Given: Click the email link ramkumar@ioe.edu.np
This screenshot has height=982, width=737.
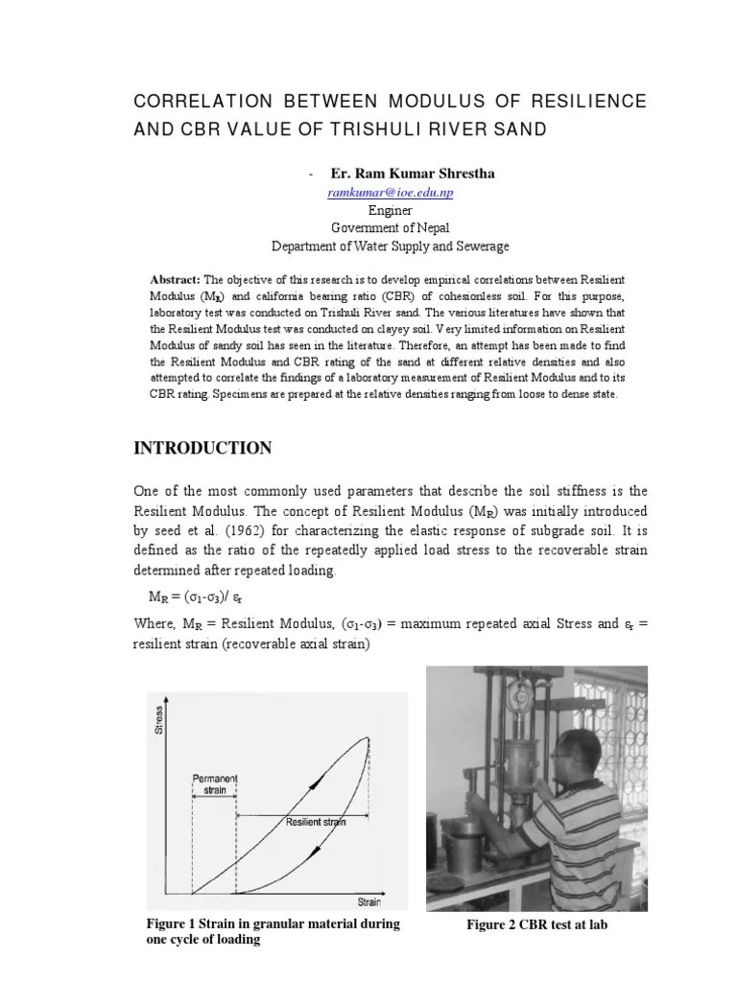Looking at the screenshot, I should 391,193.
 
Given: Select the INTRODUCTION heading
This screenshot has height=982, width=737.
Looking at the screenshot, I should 202,448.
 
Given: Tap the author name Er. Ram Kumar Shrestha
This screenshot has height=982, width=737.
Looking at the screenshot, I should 400,174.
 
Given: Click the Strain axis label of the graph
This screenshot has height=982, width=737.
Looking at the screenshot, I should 369,901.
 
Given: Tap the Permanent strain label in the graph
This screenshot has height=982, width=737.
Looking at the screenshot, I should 214,783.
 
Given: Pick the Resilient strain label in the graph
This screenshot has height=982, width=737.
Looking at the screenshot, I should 315,822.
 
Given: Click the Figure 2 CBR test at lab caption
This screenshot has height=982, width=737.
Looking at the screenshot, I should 536,924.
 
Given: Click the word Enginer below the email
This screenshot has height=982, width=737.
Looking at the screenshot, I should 391,210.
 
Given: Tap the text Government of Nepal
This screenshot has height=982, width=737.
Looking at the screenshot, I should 391,227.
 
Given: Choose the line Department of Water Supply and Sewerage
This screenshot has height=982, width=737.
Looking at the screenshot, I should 391,245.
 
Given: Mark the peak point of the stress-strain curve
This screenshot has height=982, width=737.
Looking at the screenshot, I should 368,737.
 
